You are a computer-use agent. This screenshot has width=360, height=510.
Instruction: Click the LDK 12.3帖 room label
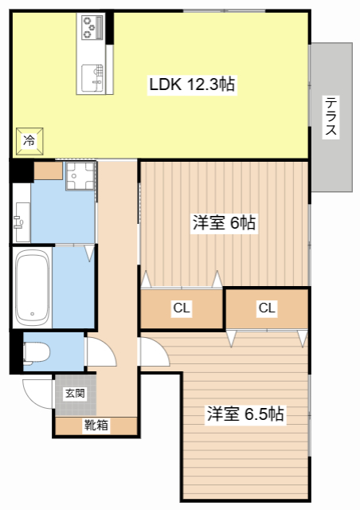tap(191, 84)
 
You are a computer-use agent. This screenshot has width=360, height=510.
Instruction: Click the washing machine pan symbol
tap(80, 176)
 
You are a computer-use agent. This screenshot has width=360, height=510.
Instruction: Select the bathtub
tap(32, 288)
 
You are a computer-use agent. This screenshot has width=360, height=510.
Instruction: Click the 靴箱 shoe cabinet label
tap(96, 426)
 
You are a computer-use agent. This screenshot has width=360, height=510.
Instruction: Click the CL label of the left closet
tap(181, 308)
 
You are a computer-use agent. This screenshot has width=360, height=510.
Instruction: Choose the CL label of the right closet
tap(267, 308)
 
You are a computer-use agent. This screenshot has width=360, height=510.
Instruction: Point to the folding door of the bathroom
tap(89, 254)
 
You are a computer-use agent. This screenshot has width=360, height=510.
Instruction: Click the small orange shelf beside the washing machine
tap(47, 170)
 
